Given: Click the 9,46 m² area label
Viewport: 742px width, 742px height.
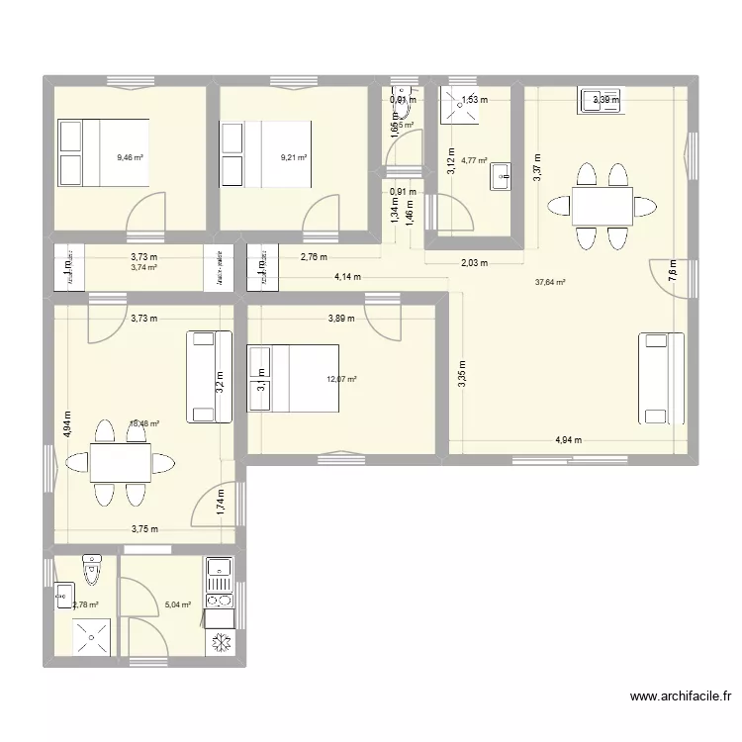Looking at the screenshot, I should pyautogui.click(x=131, y=157).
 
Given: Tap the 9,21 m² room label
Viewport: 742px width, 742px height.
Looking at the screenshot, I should pyautogui.click(x=294, y=157).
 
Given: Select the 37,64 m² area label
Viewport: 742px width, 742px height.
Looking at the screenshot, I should pyautogui.click(x=550, y=282).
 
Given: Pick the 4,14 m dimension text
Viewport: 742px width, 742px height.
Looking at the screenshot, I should pyautogui.click(x=346, y=278).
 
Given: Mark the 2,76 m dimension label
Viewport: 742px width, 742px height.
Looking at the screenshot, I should pyautogui.click(x=315, y=257).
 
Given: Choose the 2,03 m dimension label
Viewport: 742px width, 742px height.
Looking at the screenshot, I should pyautogui.click(x=475, y=262).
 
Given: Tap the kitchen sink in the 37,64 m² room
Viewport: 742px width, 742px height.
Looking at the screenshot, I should pyautogui.click(x=601, y=100).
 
